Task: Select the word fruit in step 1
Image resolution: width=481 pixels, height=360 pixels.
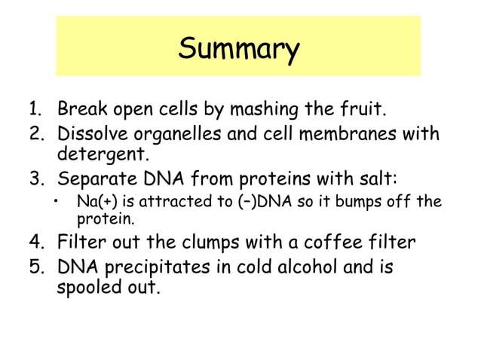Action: [360, 112]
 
